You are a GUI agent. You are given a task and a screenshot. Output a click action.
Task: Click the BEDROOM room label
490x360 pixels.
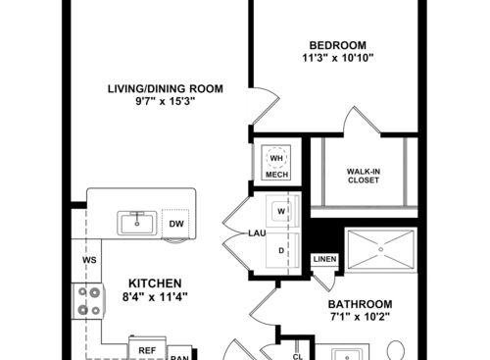337,45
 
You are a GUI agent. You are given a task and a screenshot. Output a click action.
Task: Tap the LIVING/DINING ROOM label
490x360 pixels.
165,89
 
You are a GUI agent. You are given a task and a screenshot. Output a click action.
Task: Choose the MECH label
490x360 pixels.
275,176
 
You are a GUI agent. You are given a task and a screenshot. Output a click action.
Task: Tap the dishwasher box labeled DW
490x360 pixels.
175,224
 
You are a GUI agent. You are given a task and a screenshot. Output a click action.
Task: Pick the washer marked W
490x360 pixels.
282,211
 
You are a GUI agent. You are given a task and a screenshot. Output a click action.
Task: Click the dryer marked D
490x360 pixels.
282,250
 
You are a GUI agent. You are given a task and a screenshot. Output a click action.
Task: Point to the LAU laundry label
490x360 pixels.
257,233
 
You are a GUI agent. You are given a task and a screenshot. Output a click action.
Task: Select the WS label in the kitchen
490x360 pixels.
87,260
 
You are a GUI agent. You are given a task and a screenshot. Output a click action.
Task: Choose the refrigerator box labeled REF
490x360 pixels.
146,349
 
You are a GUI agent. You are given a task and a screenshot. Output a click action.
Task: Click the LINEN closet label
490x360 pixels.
324,259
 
